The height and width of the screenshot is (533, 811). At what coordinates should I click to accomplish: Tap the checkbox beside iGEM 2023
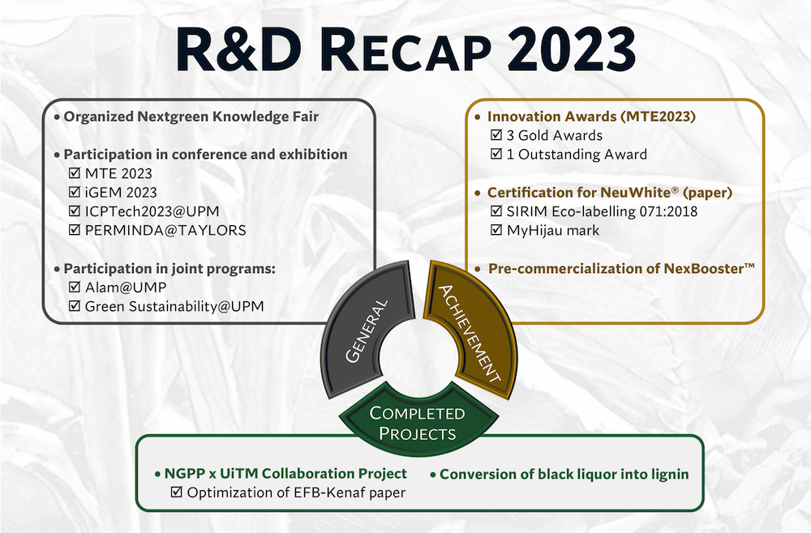[75, 192]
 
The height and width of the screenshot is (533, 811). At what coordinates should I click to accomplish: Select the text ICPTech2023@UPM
[152, 211]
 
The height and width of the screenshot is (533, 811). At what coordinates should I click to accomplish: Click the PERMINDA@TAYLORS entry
[165, 230]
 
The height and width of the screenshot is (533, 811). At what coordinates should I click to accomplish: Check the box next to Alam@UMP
[75, 288]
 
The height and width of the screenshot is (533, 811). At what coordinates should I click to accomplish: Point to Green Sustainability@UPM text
[174, 306]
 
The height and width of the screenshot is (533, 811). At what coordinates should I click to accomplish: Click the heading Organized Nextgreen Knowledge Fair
[191, 117]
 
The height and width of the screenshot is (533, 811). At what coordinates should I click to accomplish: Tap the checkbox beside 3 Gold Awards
[496, 135]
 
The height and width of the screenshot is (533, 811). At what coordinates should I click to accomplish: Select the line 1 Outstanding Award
[577, 155]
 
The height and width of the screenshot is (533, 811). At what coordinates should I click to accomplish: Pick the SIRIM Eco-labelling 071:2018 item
[602, 211]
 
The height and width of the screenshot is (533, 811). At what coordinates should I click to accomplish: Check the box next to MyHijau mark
[496, 230]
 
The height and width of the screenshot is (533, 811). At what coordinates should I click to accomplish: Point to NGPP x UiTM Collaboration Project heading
[285, 474]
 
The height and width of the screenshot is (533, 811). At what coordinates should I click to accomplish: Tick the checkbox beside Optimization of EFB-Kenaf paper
[176, 492]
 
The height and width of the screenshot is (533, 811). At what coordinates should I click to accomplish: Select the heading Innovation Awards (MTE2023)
[591, 117]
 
